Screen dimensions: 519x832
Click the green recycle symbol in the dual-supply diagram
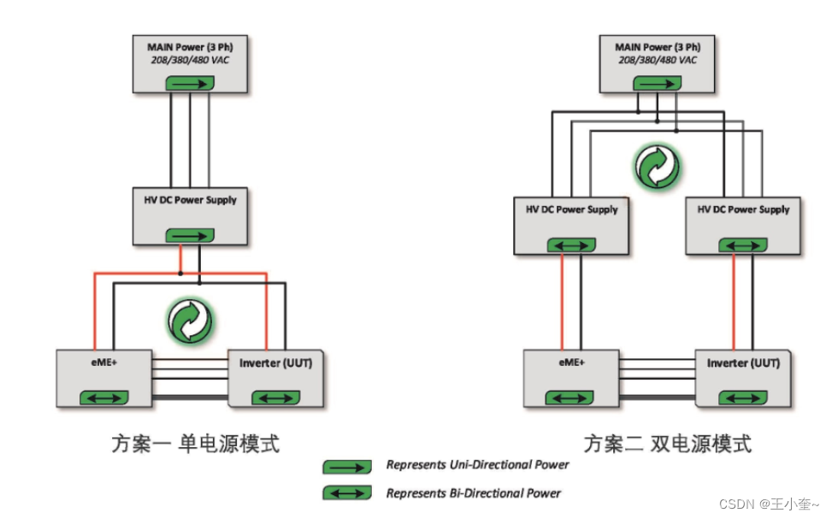pyautogui.click(x=657, y=167)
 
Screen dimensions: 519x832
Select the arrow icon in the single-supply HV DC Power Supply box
pyautogui.click(x=188, y=234)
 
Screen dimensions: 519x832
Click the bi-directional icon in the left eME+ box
pyautogui.click(x=104, y=397)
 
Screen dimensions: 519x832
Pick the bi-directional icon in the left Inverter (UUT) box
pyautogui.click(x=275, y=398)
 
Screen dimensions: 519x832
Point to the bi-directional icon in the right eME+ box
pyautogui.click(x=570, y=398)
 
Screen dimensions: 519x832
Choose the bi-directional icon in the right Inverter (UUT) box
pyautogui.click(x=742, y=398)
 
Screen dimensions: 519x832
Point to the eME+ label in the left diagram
pyautogui.click(x=103, y=363)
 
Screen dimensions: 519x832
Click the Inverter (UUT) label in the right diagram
pyautogui.click(x=743, y=363)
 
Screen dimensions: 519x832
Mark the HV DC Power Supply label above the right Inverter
pyautogui.click(x=743, y=209)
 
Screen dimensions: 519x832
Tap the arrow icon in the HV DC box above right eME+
pyautogui.click(x=570, y=245)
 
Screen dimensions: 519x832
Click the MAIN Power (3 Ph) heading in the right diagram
pyautogui.click(x=657, y=47)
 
